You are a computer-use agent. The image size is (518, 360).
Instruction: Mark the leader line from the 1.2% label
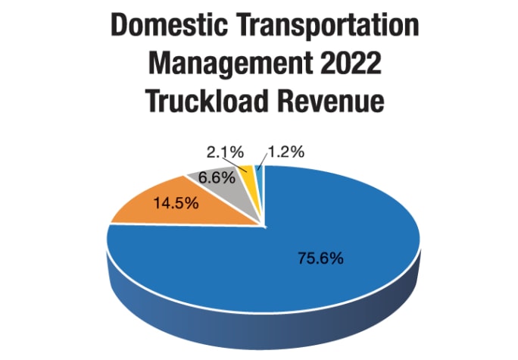261,160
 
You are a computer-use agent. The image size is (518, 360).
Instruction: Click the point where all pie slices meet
264,225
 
